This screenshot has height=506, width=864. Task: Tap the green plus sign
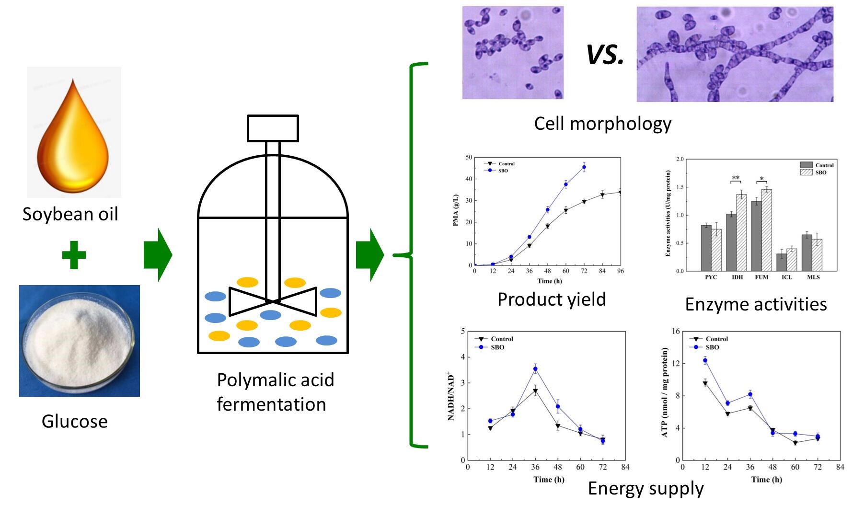point(74,255)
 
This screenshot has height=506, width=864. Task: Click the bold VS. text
point(605,54)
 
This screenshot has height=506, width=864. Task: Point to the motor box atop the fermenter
point(273,128)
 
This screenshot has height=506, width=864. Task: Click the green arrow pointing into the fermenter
point(158,255)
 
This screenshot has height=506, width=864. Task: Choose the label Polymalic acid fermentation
point(275,392)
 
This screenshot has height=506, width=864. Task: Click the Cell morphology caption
point(602,124)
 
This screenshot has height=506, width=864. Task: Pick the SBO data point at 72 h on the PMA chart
point(584,167)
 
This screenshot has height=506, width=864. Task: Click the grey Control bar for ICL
point(782,262)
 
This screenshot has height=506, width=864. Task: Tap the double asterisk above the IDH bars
point(736,178)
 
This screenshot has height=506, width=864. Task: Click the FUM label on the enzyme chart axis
point(761,277)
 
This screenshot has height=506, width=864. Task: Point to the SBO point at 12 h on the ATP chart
point(705,360)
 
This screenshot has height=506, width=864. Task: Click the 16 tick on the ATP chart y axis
point(676,331)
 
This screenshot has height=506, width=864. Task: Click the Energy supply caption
point(645,488)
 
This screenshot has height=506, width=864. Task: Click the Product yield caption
point(552,299)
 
